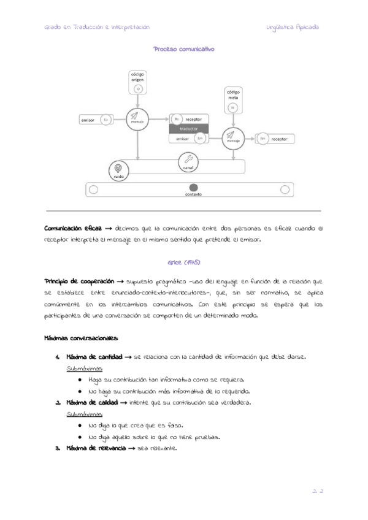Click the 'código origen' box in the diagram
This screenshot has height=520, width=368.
(x=138, y=82)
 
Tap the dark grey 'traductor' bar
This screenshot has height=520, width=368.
(x=190, y=129)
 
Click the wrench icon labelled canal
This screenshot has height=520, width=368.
(x=189, y=159)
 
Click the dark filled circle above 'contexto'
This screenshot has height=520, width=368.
(x=193, y=188)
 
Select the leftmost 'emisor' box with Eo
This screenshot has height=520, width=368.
(x=96, y=120)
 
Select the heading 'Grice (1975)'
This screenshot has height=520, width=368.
(x=184, y=262)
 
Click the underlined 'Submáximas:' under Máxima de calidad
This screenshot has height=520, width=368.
(x=85, y=414)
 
